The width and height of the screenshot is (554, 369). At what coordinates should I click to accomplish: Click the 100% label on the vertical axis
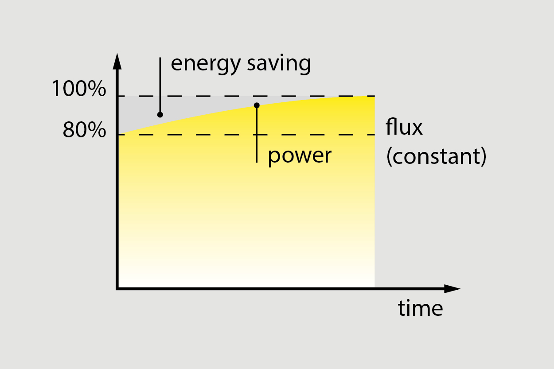coord(79,89)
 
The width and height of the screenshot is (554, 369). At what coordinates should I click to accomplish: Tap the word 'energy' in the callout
coord(200,64)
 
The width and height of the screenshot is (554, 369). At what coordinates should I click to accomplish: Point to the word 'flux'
coord(404,127)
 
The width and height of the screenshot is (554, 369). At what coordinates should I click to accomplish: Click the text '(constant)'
coord(437,156)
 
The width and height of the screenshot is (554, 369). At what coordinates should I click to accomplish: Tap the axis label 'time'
coord(420,308)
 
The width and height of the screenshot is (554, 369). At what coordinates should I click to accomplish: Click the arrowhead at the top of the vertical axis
coord(117,61)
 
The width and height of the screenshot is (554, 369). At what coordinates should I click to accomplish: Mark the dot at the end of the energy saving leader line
coord(160,115)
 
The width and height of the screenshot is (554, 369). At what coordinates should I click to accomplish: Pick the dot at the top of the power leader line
coord(257,105)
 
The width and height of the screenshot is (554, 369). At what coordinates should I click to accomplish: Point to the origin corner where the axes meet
coord(117,289)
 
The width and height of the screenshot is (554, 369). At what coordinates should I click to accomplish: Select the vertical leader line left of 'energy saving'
coord(160,84)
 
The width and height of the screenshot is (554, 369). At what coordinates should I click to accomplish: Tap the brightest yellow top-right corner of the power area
coord(370,100)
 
